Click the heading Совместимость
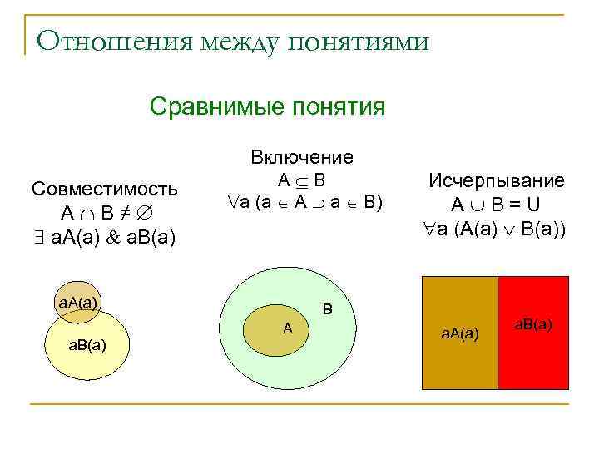coord(104,188)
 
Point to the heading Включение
coord(302,158)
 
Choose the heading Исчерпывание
coord(497,181)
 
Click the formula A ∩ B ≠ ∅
coord(104,212)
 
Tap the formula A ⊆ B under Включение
coord(302,180)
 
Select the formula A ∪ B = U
coord(497,205)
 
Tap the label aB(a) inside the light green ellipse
coord(86,344)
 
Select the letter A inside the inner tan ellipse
coord(287,328)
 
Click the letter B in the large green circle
coord(328,309)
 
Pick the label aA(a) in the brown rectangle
coord(459,333)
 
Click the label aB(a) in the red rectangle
coord(532,323)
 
